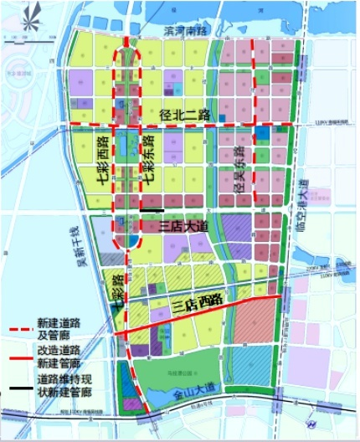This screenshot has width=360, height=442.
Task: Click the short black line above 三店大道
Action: (152, 208)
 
